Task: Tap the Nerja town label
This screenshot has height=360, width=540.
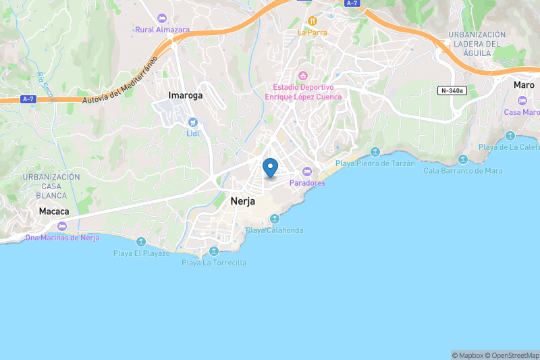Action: (242, 201)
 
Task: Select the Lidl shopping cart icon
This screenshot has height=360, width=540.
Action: (193, 122)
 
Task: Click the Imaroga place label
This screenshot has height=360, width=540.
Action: (185, 95)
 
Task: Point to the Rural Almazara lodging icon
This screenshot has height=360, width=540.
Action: (161, 18)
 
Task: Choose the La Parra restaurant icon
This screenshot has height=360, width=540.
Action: (312, 20)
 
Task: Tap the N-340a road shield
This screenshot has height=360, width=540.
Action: (452, 91)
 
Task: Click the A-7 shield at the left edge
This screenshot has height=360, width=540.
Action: (28, 100)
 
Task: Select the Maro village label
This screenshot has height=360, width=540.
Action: (524, 85)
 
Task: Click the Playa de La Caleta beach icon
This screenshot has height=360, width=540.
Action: (510, 136)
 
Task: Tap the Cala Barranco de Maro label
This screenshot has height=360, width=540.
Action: (463, 170)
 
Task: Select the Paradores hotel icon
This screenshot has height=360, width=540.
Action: (307, 171)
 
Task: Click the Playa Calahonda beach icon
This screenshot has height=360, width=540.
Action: (275, 218)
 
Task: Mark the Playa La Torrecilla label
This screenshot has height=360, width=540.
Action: (214, 262)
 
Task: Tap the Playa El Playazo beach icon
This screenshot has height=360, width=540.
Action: (141, 242)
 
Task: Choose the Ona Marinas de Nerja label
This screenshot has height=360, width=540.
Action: (62, 237)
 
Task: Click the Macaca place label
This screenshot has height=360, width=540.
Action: (54, 211)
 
